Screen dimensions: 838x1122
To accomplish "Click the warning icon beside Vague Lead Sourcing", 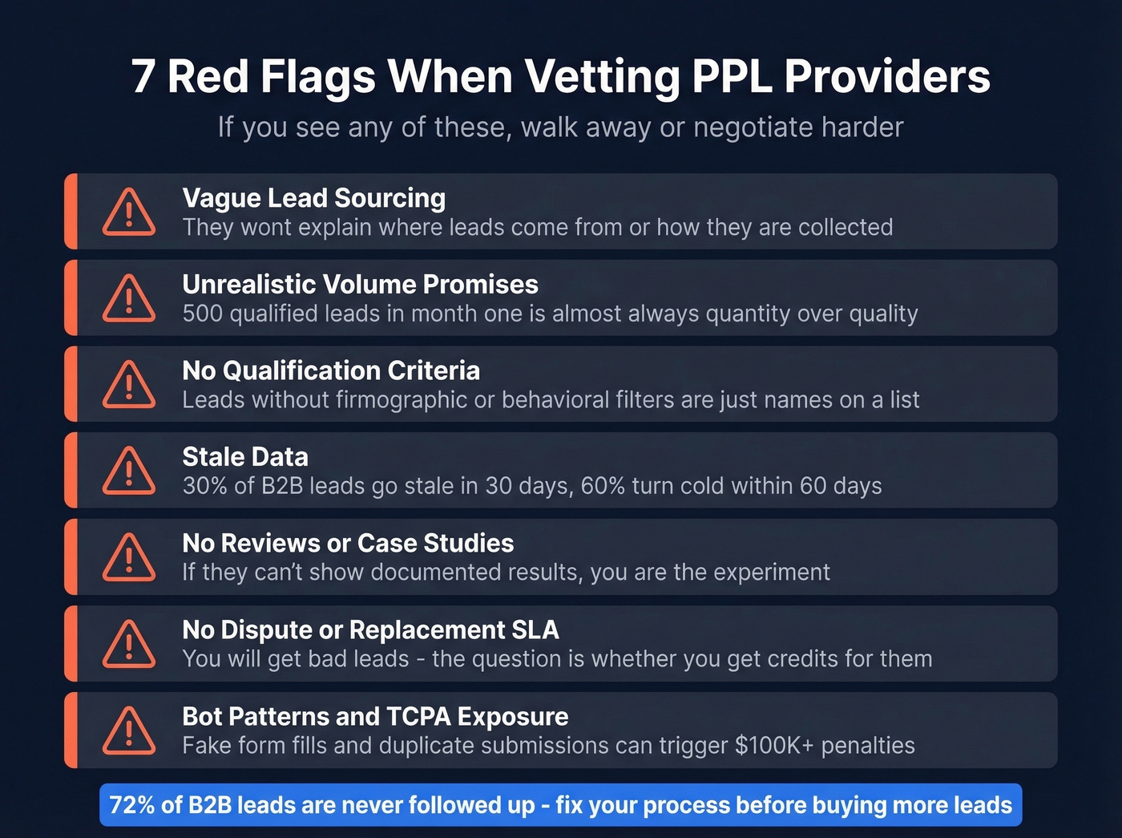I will coord(129,213).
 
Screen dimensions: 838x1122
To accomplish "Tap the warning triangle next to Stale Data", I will coord(129,471).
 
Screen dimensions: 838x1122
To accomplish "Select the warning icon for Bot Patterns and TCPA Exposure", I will coord(129,731).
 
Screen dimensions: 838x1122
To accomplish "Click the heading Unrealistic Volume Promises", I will coord(360,284).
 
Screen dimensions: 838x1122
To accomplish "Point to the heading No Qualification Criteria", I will coord(331,370).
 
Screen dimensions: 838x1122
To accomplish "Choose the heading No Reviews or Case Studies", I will coord(348,543).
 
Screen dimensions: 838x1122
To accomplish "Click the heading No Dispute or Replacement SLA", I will coord(370,630).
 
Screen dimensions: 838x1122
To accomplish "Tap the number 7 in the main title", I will coord(143,77).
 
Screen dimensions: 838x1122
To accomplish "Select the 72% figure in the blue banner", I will coord(133,804).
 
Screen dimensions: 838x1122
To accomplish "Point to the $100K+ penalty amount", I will coord(773,745).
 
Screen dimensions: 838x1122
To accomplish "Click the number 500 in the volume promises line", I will coord(202,314).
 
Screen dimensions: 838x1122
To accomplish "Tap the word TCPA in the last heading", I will coord(418,716).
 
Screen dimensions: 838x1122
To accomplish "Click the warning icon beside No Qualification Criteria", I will coord(129,384).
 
